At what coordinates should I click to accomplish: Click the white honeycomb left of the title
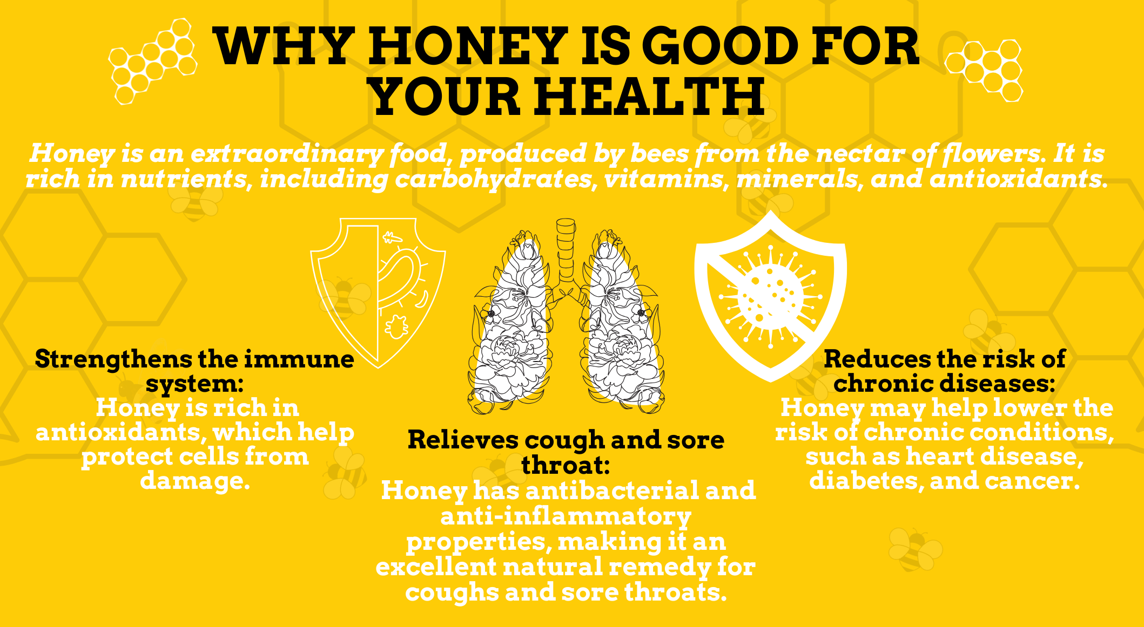click(x=153, y=61)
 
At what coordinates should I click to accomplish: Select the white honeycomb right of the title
click(x=984, y=70)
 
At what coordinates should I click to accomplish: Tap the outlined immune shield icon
click(x=378, y=292)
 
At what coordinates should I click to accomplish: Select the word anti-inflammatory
click(x=566, y=517)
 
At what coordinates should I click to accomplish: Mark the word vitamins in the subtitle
click(x=664, y=179)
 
